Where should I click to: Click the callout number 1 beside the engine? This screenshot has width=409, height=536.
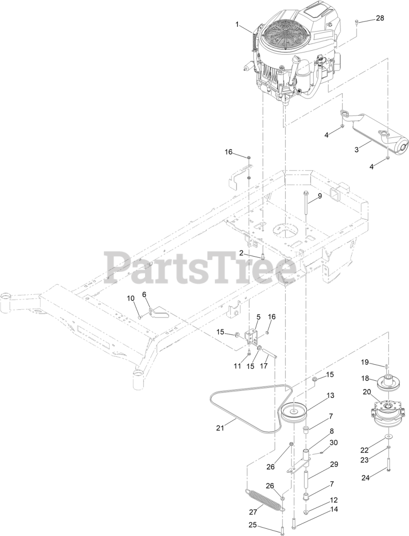(237, 25)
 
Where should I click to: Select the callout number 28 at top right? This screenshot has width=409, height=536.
(379, 18)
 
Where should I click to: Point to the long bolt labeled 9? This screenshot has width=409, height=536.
(305, 201)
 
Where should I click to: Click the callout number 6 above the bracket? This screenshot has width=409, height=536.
(145, 294)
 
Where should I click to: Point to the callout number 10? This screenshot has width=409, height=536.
(130, 298)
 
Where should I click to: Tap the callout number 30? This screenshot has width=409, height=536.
(333, 442)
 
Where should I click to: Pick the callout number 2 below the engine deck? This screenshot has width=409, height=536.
(241, 253)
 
